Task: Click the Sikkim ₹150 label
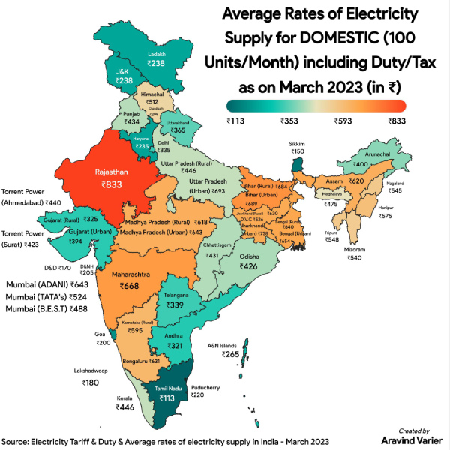click(x=298, y=147)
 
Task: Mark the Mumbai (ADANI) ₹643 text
click(x=47, y=285)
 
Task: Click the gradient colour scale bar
click(x=317, y=106)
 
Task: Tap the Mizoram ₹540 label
click(x=354, y=253)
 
